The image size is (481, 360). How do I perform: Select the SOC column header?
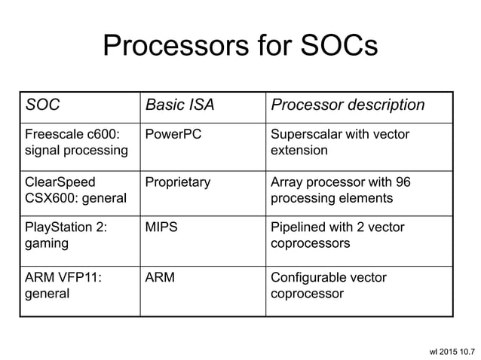pyautogui.click(x=43, y=105)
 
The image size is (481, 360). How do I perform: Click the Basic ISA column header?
pyautogui.click(x=179, y=105)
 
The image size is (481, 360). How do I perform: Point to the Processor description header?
pyautogui.click(x=348, y=105)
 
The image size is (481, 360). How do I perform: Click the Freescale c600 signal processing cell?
pyautogui.click(x=76, y=142)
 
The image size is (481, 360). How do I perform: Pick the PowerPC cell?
pyautogui.click(x=173, y=135)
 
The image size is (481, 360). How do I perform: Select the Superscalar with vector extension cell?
pyautogui.click(x=334, y=142)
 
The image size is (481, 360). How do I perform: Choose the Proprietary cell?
pyautogui.click(x=178, y=182)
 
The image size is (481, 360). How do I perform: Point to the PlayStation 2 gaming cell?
pyautogui.click(x=66, y=235)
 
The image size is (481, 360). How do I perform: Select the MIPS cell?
pyautogui.click(x=161, y=227)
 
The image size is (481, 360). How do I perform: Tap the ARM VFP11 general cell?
pyautogui.click(x=63, y=285)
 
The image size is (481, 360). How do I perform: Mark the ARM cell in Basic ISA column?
pyautogui.click(x=160, y=278)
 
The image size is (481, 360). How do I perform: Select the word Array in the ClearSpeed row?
pyautogui.click(x=286, y=182)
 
